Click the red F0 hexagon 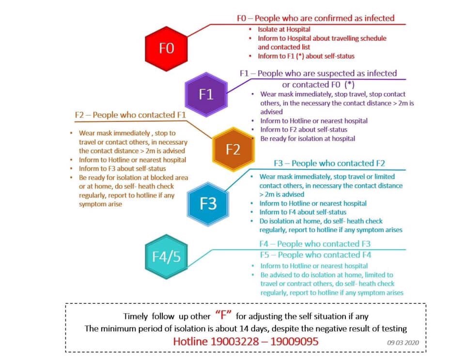point(166,48)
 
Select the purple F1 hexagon point(206,94)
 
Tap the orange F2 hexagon point(233,150)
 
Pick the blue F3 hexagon point(208,204)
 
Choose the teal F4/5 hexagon point(166,256)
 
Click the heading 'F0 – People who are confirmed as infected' point(315,18)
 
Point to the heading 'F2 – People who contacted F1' point(130,115)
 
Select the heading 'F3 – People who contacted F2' point(329,163)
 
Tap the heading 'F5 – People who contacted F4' point(315,255)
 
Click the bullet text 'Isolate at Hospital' point(284,30)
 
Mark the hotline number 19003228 point(234,341)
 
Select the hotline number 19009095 point(294,341)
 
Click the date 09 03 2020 point(403,343)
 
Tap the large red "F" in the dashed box point(223,315)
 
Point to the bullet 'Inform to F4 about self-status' point(303,212)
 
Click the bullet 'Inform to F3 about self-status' point(122,168)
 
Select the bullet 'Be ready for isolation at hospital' point(308,139)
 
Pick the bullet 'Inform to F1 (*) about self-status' point(306,56)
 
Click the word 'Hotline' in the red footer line point(190,341)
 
